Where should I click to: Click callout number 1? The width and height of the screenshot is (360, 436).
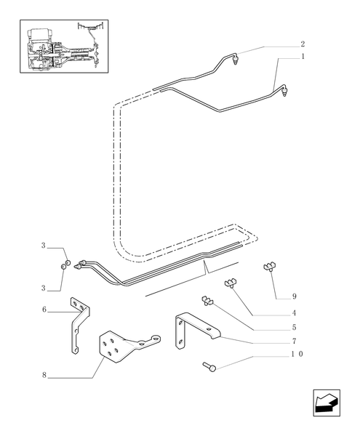(302, 57)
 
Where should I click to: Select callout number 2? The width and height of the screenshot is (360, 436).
(302, 44)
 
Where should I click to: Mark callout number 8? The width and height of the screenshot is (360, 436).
(44, 375)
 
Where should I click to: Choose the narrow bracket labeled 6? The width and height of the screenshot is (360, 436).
(76, 323)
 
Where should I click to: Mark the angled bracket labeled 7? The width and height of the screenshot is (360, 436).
(191, 328)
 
